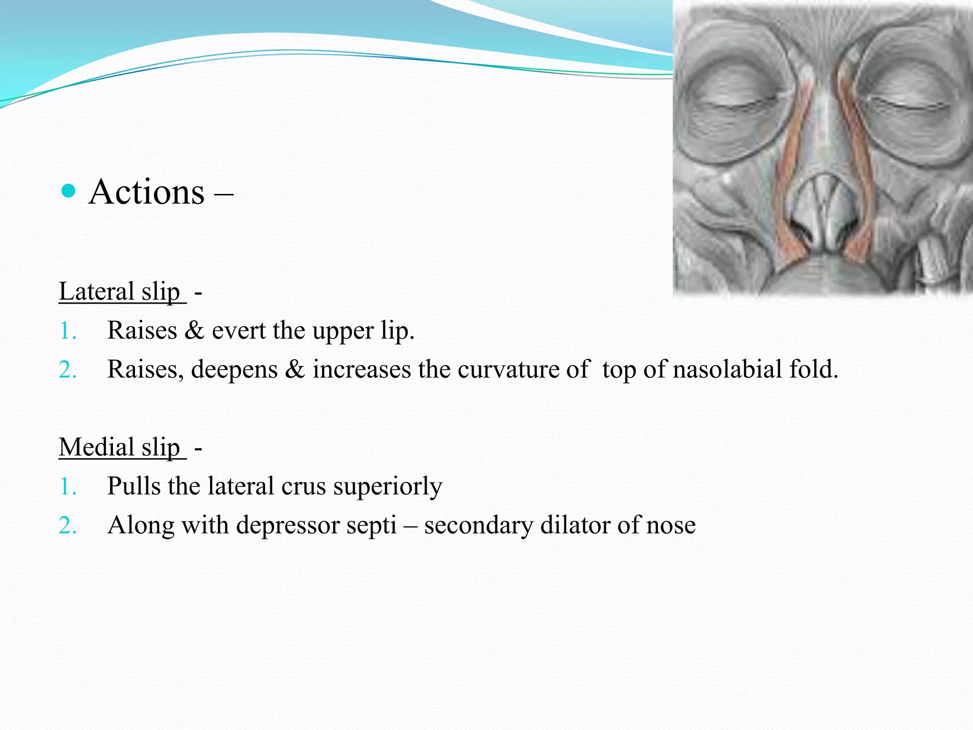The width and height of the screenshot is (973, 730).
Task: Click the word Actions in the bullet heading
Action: [x=146, y=192]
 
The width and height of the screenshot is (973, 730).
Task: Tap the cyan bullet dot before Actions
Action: [x=69, y=191]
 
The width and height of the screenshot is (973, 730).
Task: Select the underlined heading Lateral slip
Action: [x=120, y=291]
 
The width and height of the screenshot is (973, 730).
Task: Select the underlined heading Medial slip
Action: [x=120, y=447]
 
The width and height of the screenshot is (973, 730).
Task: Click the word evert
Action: [x=238, y=330]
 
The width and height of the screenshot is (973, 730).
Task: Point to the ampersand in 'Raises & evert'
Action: [x=194, y=330]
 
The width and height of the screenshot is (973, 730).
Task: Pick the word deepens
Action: [x=234, y=369]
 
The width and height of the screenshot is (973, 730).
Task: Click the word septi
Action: [x=371, y=526]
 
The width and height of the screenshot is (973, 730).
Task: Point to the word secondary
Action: [x=478, y=526]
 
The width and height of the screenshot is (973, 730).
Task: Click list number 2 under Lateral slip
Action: [x=67, y=370]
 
